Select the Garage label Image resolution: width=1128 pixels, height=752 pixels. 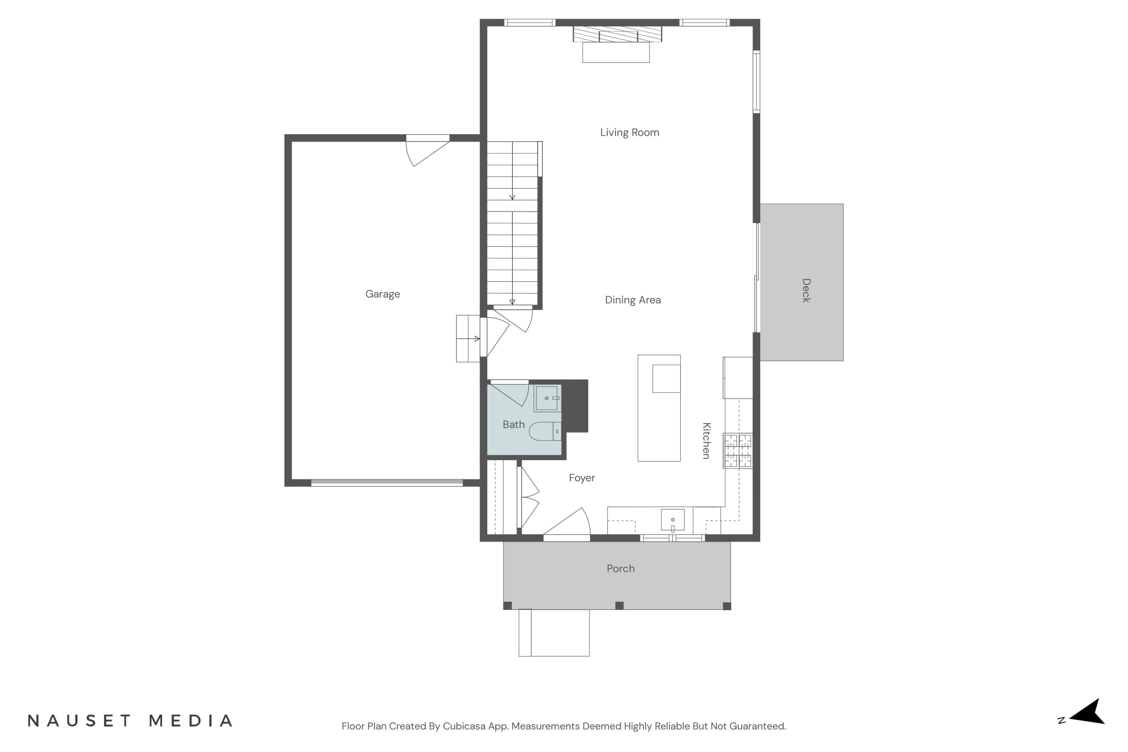click(x=382, y=294)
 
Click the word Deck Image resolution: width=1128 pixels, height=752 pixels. click(x=806, y=290)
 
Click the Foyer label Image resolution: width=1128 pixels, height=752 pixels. click(x=581, y=478)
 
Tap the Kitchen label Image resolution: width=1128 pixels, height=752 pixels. click(x=706, y=440)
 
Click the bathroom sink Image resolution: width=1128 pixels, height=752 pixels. click(x=547, y=398)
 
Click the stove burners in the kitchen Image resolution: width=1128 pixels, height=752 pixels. click(x=738, y=450)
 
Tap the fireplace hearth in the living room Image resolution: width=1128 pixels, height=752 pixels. click(x=616, y=52)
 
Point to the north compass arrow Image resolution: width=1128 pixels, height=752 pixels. click(x=1089, y=718)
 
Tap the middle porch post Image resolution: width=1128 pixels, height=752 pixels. click(x=619, y=605)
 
